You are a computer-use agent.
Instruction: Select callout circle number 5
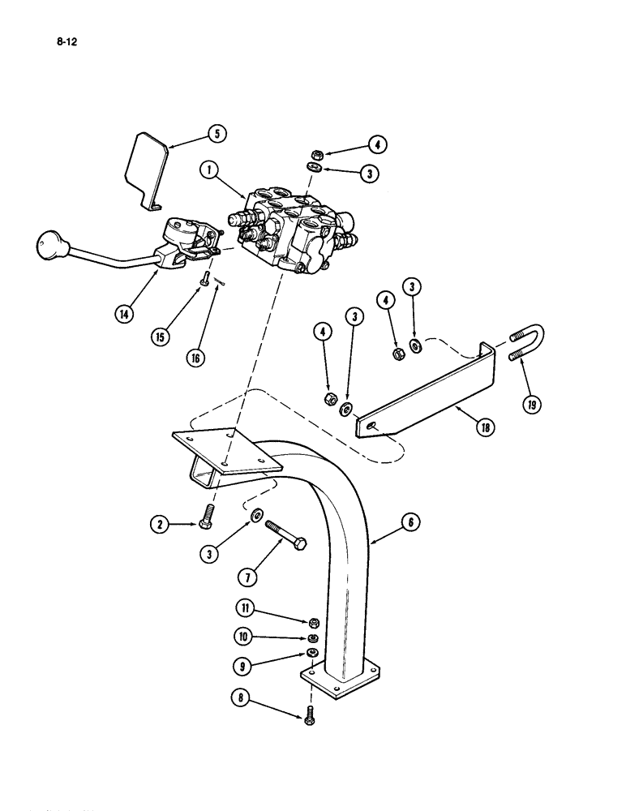[x=215, y=133]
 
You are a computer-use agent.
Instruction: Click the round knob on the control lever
[x=49, y=243]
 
